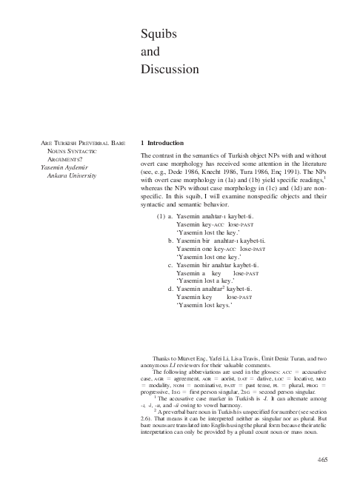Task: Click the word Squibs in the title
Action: pyautogui.click(x=157, y=35)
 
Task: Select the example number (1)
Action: pyautogui.click(x=161, y=218)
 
